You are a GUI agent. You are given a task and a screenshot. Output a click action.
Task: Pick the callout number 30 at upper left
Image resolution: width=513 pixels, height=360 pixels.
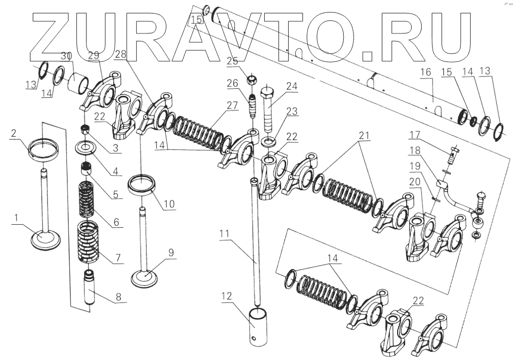[66, 55]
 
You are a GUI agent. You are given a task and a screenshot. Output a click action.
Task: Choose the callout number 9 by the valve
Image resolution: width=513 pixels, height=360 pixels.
[171, 253]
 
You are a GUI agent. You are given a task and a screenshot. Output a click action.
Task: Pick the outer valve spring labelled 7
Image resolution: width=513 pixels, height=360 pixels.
[87, 242]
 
